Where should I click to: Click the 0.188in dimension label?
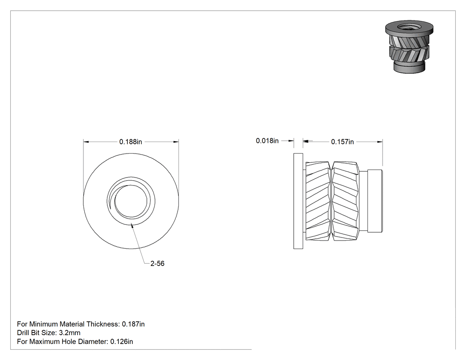point(130,142)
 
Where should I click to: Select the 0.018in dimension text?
point(267,141)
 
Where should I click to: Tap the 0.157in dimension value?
point(342,142)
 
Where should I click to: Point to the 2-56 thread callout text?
point(157,263)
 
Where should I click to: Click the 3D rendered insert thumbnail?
point(409,47)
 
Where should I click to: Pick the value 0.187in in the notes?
point(133,324)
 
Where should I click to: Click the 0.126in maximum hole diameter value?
point(122,341)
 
